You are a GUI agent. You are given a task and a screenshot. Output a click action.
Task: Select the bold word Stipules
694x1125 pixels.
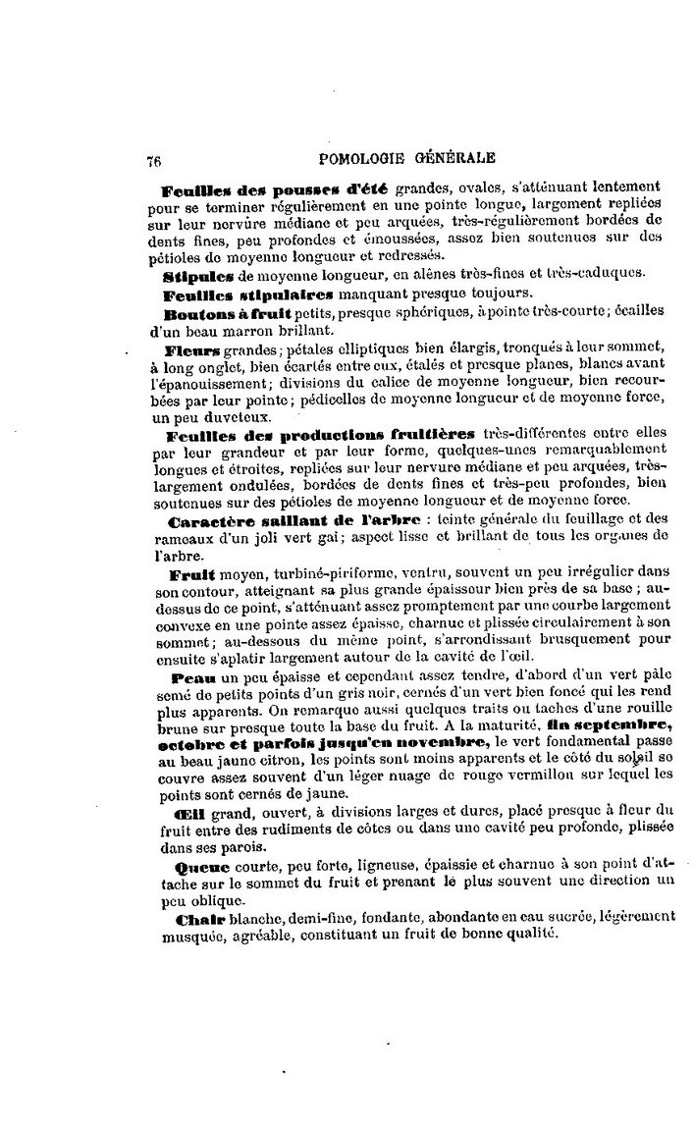201,275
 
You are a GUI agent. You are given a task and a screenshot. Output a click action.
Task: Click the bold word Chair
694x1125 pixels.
198,920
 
